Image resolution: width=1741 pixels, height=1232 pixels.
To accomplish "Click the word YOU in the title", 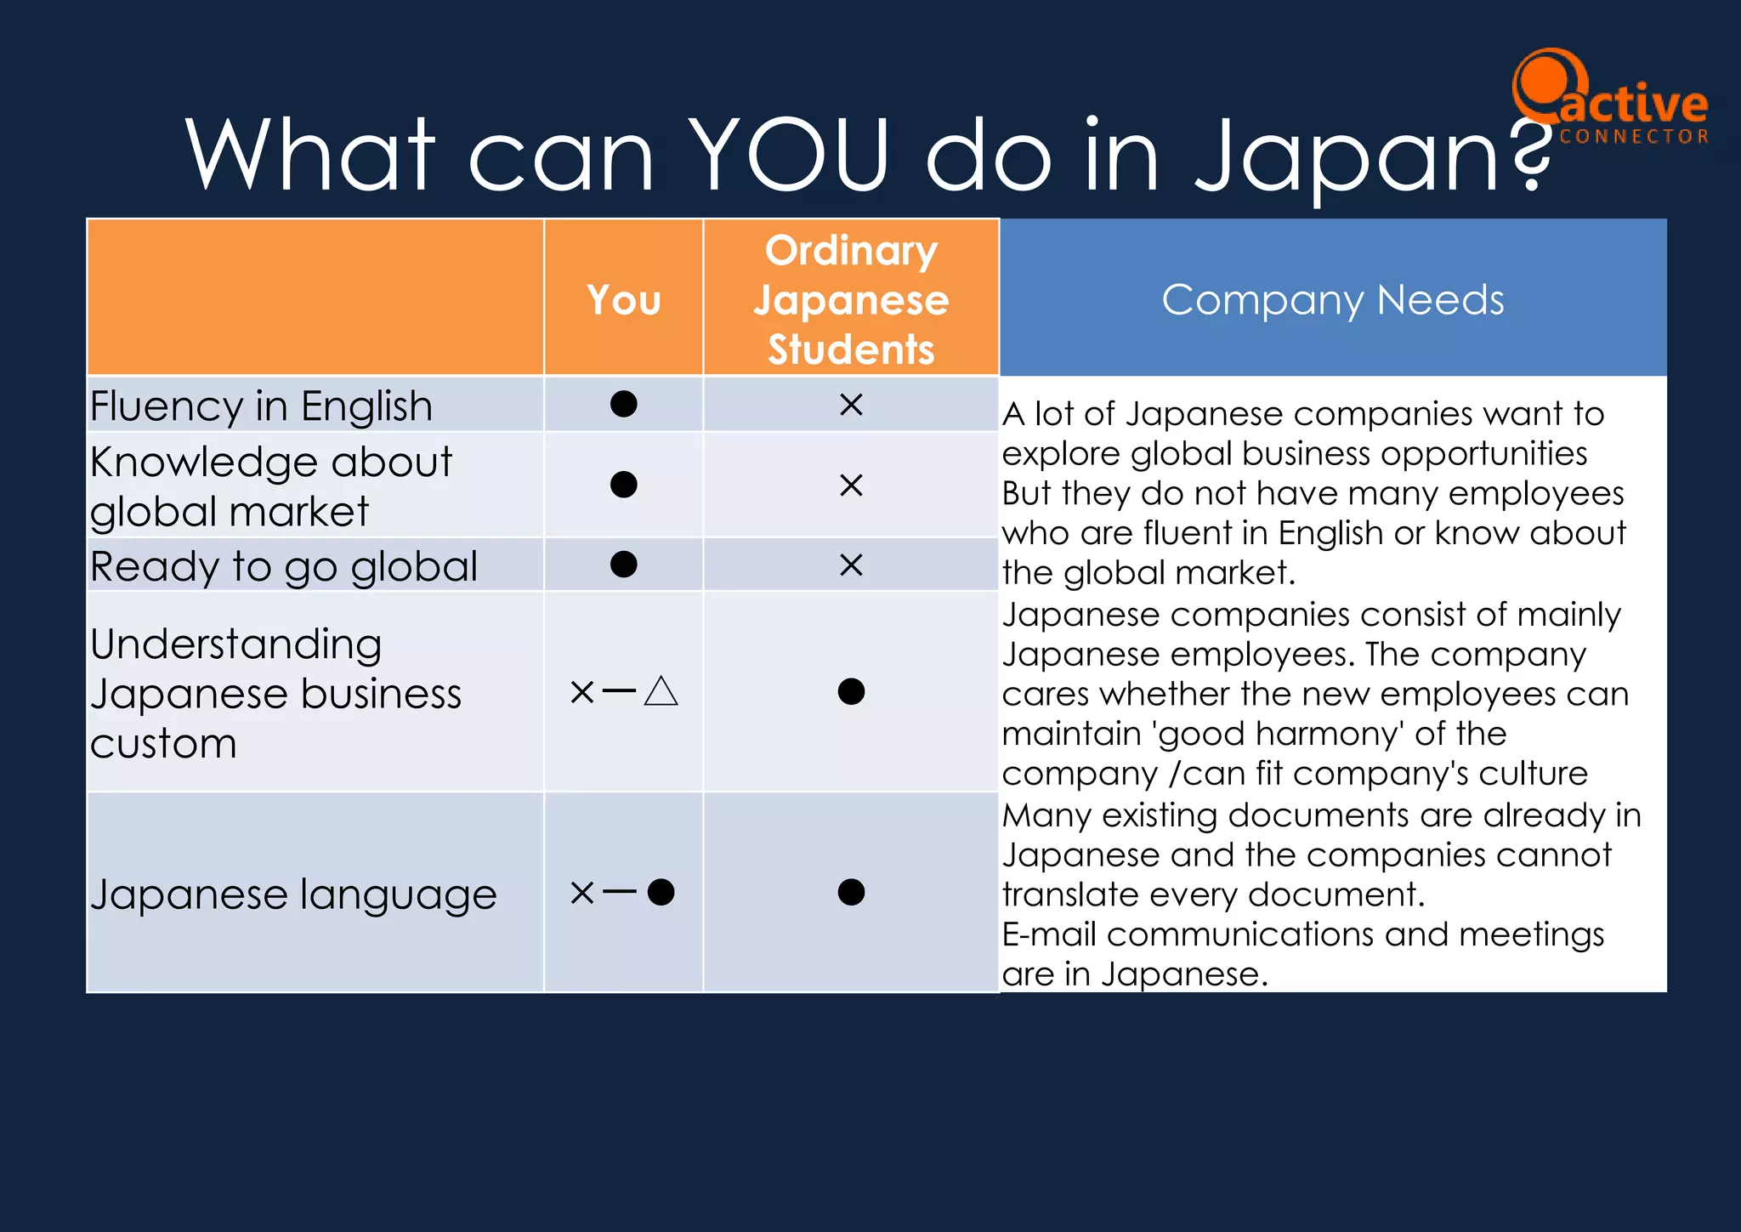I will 788,155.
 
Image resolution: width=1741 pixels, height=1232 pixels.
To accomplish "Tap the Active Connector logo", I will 1609,99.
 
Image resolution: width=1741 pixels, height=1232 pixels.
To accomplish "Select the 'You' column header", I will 623,300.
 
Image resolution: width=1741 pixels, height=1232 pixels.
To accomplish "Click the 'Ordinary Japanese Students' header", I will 851,299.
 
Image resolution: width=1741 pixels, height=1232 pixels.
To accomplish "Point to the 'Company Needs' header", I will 1332,299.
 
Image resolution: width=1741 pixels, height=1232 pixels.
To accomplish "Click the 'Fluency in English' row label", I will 262,406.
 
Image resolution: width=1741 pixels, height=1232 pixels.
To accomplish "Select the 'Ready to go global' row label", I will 284,566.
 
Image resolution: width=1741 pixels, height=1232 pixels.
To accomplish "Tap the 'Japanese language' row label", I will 293,894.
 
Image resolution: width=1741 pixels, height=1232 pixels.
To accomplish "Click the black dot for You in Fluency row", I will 623,404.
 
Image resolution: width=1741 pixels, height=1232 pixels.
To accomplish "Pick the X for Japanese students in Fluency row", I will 851,405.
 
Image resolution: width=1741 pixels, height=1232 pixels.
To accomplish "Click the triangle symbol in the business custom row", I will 661,692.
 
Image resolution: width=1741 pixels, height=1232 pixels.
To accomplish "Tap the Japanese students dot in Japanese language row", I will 851,892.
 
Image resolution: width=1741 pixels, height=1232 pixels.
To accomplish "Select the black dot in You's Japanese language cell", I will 661,892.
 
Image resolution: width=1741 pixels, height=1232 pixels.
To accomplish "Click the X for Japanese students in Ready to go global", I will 851,565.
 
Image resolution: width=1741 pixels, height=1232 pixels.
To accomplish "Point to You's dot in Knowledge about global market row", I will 623,485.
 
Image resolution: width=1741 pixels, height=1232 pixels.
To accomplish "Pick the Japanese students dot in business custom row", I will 851,691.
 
